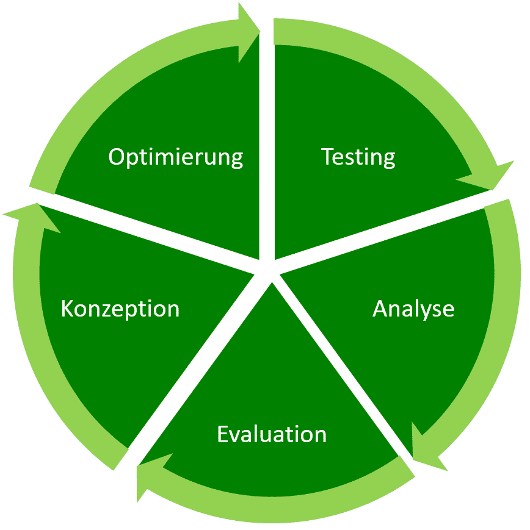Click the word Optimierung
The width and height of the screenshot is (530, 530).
pos(176,157)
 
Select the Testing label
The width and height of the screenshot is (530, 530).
pos(358,157)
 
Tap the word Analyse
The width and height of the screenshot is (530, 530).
pos(413,309)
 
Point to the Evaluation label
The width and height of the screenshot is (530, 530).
pos(272,434)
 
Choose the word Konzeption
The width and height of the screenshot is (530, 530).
pos(120,309)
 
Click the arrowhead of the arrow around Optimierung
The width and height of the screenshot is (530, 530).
pos(249,32)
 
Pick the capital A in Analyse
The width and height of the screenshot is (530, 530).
pos(381,309)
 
